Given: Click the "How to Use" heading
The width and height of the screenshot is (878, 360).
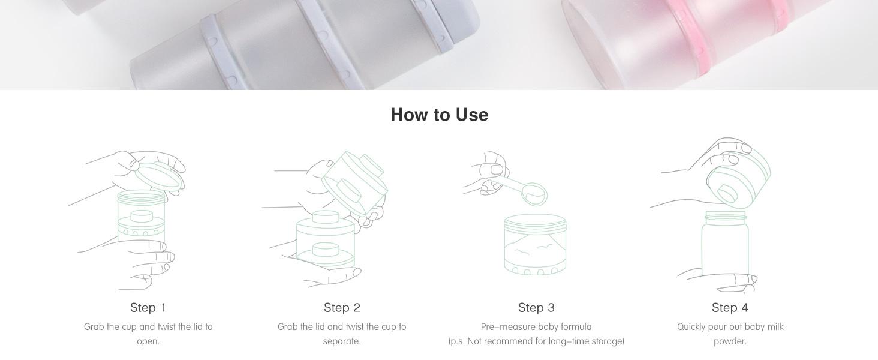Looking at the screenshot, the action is point(440,115).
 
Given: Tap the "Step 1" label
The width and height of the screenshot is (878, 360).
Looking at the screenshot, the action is point(148,307).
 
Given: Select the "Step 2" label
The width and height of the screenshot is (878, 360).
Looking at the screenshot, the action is point(342,307).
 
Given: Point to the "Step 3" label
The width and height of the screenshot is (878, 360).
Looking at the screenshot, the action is point(536,307).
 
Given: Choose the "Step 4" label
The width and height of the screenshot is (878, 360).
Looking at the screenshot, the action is point(730,307).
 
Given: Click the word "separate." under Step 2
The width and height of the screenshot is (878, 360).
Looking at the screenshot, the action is point(342,341).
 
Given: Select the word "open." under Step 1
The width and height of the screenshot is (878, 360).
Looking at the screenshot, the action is point(148,341).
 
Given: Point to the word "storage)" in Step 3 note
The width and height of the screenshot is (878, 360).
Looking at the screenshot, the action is point(608,341).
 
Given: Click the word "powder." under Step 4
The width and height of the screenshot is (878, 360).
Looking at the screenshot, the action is point(730,341).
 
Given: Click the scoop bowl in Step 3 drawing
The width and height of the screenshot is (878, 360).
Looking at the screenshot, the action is point(535,194).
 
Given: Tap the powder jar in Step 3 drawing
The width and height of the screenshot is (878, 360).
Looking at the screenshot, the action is point(536,244).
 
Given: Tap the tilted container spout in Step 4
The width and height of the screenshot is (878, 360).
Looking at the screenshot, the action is point(727,194).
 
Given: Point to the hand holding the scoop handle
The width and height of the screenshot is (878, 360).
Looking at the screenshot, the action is point(488,173).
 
